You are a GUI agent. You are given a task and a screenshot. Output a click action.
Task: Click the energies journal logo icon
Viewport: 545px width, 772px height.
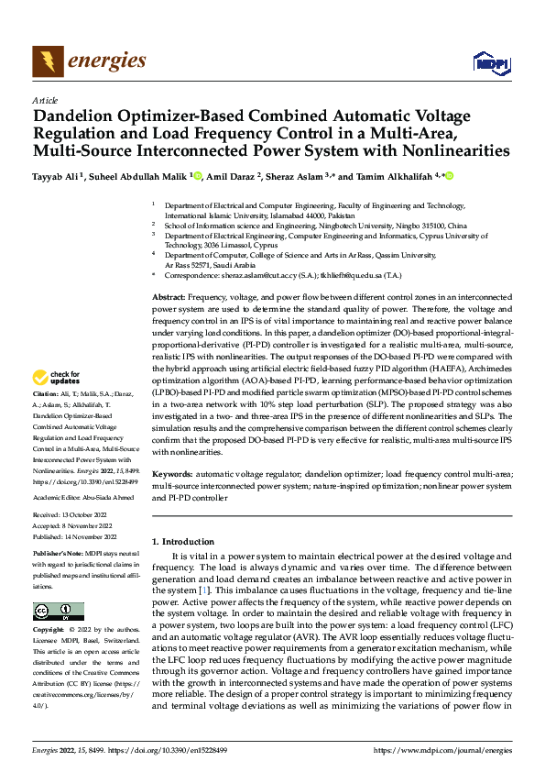tap(47, 61)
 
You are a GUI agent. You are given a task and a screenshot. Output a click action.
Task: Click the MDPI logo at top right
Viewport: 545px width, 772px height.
tap(488, 62)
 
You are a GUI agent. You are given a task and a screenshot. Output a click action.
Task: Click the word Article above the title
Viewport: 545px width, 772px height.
tap(45, 100)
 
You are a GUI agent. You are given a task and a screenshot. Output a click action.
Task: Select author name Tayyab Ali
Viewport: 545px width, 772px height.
tap(57, 175)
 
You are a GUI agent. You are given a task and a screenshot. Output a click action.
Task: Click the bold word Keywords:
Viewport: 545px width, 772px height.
tap(173, 473)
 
